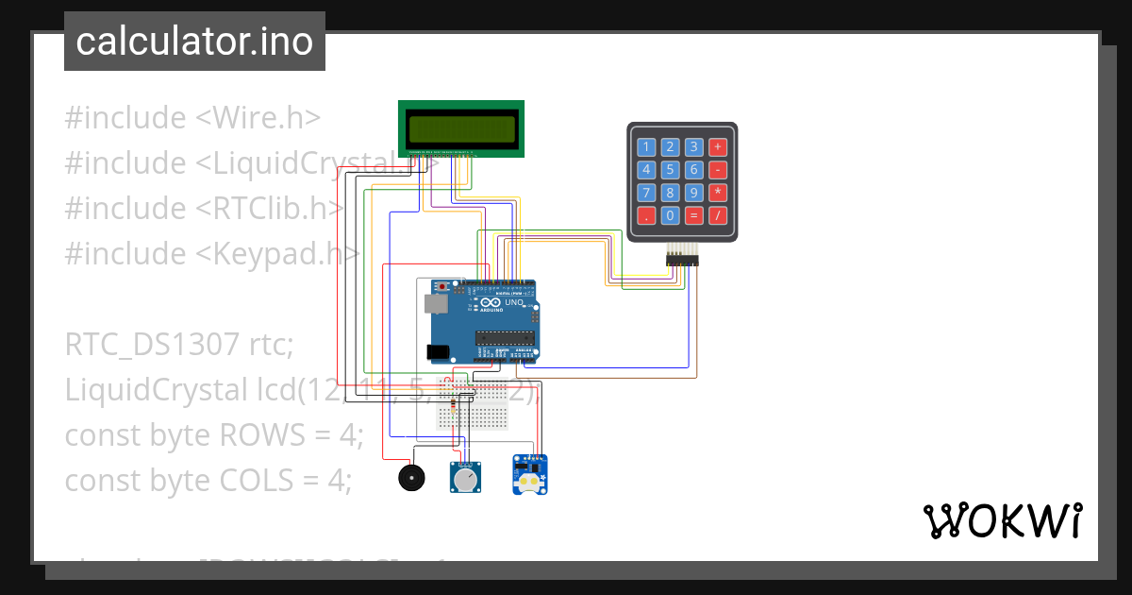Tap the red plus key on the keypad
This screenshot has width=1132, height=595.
(718, 146)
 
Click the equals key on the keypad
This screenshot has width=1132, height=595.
(694, 215)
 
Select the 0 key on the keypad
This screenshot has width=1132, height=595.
(670, 215)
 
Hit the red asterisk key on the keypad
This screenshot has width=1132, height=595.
(718, 193)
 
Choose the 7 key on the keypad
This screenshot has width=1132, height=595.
(646, 193)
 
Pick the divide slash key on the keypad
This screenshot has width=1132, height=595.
(718, 215)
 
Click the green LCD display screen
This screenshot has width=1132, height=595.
(461, 127)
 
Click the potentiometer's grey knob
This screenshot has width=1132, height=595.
(464, 481)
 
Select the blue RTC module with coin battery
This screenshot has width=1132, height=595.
(531, 474)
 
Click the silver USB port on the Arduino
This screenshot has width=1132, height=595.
(435, 304)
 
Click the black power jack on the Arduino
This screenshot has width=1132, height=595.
(439, 352)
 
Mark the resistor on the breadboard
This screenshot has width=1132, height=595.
(456, 405)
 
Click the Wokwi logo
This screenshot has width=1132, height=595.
(1003, 520)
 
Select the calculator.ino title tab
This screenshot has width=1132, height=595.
(194, 42)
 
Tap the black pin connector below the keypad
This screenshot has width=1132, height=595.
(681, 259)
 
